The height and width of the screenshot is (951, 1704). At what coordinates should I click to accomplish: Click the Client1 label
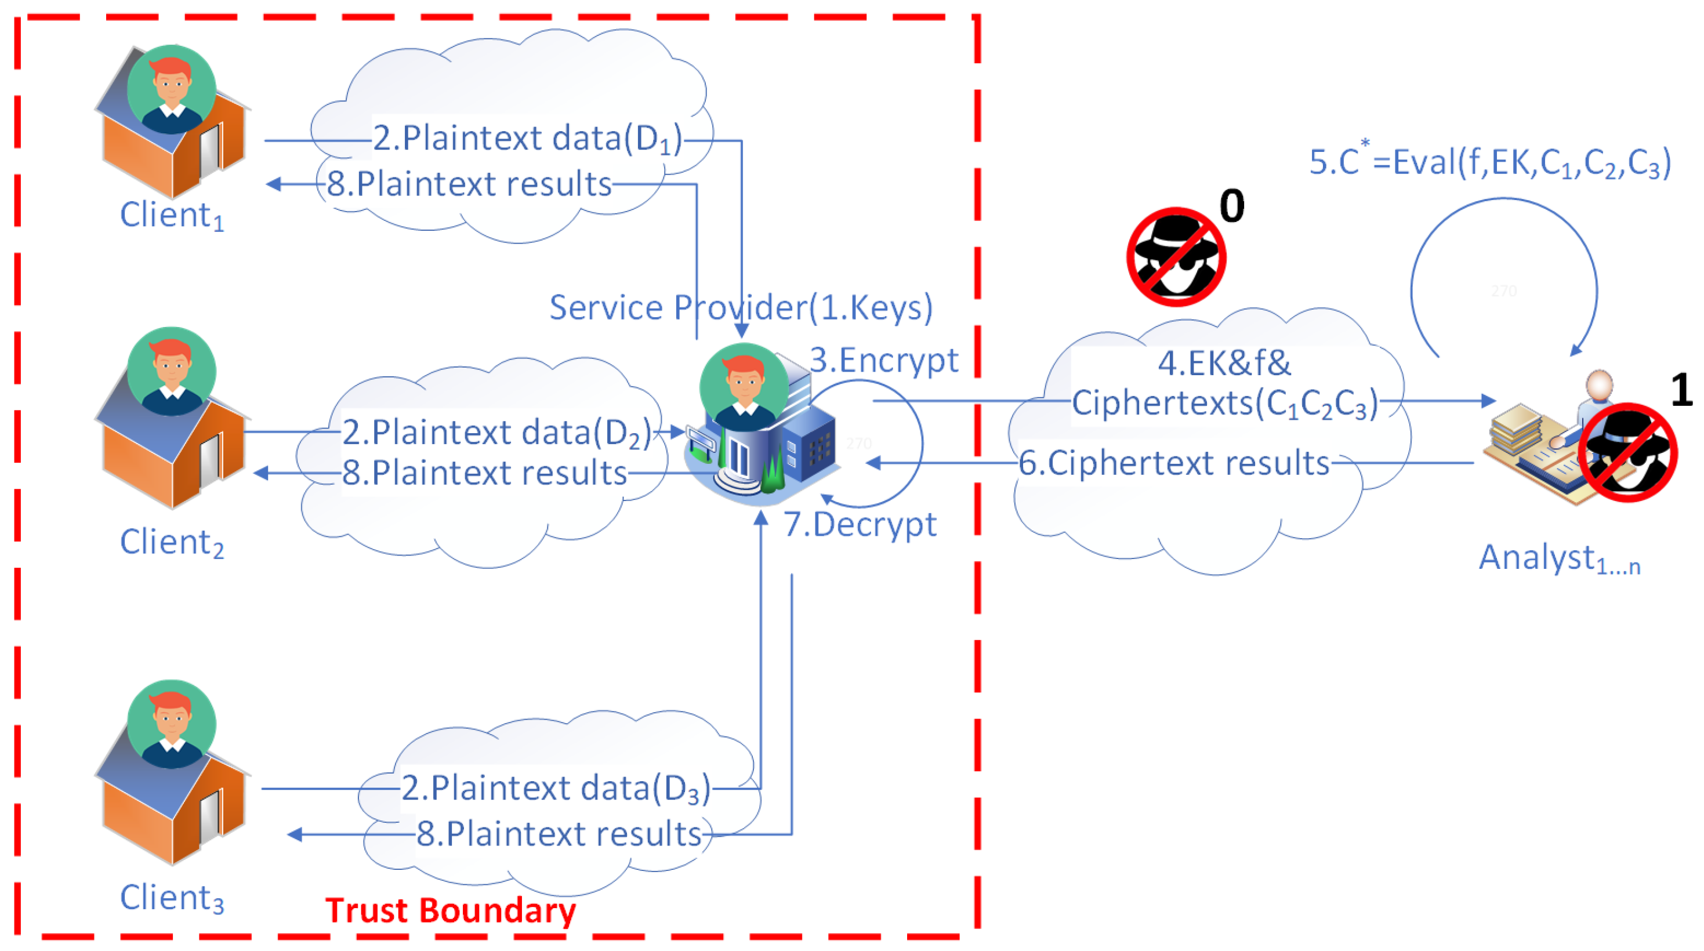click(172, 216)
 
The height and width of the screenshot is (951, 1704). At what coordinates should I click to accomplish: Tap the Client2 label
click(172, 542)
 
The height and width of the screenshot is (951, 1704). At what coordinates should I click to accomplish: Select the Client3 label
click(172, 898)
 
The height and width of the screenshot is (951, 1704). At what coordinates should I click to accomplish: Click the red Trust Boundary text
click(451, 910)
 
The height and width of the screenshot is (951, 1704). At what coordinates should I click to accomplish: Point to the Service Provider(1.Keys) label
click(741, 307)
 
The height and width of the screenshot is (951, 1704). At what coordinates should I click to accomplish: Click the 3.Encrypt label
click(884, 361)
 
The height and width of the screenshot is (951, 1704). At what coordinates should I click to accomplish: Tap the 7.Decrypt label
click(860, 524)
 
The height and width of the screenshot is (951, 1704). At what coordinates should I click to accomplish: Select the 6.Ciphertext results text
click(1173, 463)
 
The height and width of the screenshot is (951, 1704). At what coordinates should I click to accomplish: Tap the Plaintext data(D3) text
click(556, 788)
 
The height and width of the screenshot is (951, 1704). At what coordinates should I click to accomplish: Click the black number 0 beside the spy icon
click(1232, 206)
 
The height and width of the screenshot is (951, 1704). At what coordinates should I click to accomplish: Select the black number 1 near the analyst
click(1681, 390)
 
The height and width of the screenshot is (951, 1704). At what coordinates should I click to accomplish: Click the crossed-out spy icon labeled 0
click(1176, 257)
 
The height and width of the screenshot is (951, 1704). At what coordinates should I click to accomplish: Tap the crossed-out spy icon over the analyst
click(1627, 452)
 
